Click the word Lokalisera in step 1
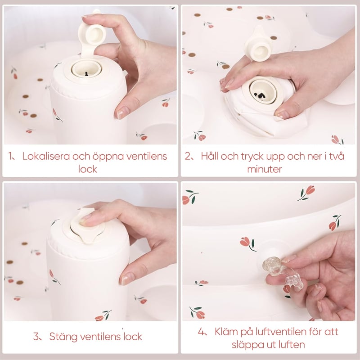click(46, 156)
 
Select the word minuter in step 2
click(265, 170)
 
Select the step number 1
click(10, 156)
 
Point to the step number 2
click(188, 156)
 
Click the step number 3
click(36, 337)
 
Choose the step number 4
click(201, 332)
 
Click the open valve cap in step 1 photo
click(91, 37)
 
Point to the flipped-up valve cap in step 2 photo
click(258, 45)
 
